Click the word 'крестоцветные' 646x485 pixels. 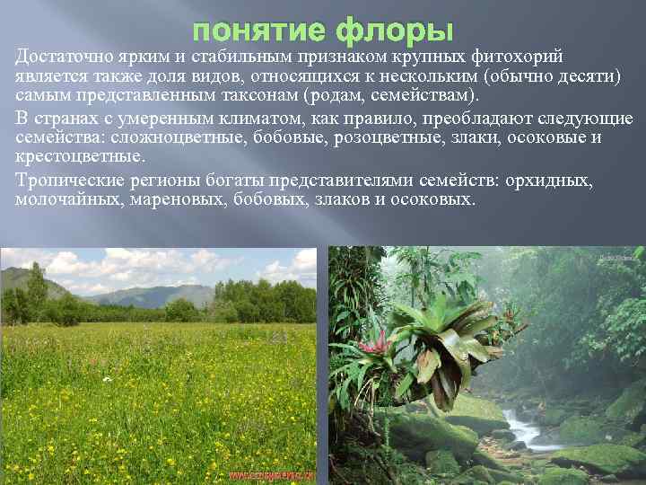[x=79, y=157]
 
